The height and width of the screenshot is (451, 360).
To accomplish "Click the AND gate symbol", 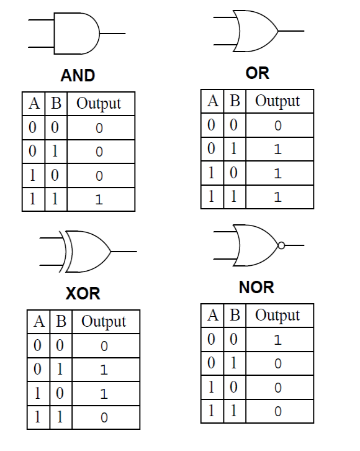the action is pos(77,34).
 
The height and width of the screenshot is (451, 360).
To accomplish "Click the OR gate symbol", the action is pos(259,31).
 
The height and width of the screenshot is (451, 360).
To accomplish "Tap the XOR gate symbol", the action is pos(88,252).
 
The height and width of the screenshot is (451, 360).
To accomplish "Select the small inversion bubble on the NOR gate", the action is pos(281,245).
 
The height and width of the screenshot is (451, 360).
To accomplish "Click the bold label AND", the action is pos(78,75).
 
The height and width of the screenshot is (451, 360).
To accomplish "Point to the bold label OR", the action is pos(258,73).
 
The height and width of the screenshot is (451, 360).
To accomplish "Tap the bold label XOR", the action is pos(83,294).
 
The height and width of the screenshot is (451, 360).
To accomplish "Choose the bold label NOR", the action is pos(256,288).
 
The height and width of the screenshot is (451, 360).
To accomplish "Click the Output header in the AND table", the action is pos(99,104).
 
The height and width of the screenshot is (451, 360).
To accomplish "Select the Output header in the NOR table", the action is pos(277,316).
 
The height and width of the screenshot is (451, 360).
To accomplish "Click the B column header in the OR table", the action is pos(235,101).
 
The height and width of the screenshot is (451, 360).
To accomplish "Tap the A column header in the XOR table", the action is pos(39,321).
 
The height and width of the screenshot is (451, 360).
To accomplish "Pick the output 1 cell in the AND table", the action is pos(99,199).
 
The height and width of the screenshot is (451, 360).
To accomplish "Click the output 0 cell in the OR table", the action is pos(278,125).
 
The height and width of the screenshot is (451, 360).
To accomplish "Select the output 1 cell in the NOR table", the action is pos(277,340).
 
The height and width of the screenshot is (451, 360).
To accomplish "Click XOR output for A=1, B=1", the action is pos(104,417).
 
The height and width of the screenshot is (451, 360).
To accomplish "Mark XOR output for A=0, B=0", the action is pos(104,346).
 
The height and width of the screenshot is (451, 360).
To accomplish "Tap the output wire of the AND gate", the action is pos(112,34).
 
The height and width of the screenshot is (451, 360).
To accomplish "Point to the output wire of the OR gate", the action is pos(291,31).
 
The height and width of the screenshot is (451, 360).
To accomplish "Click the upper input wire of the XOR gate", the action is pos(52,238).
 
